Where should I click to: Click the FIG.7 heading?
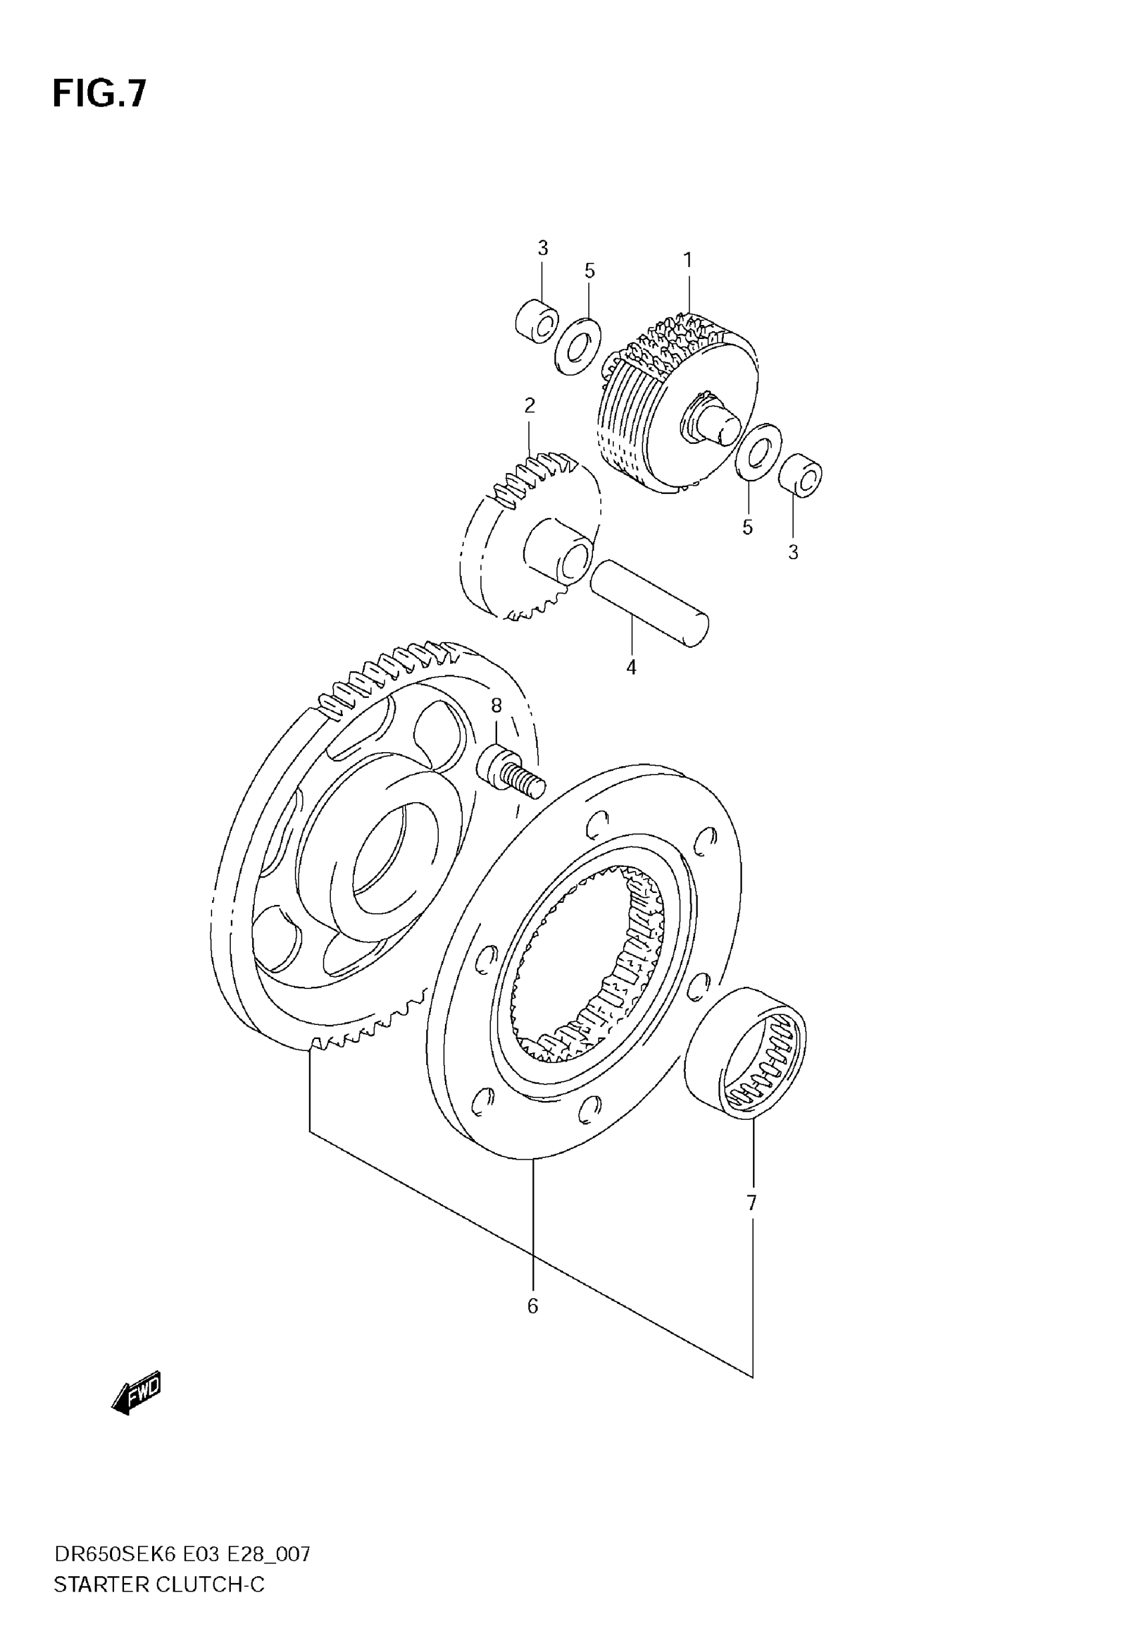point(99,93)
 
